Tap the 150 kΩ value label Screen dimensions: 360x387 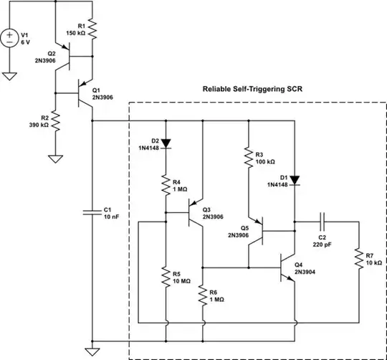75,33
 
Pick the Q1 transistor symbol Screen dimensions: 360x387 85,93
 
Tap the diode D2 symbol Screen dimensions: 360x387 166,143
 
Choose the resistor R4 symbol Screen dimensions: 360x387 166,185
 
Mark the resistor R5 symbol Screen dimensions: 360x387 166,276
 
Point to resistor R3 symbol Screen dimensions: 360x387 248,158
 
